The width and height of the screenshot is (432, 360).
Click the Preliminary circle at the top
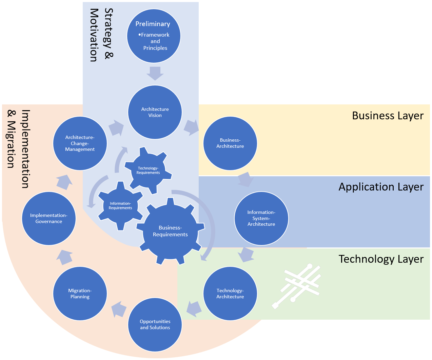[154, 36]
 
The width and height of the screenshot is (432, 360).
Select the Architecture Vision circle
[155, 112]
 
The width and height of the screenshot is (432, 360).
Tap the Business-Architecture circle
[230, 143]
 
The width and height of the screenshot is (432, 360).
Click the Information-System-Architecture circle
[261, 218]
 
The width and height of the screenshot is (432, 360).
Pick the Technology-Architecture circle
[230, 294]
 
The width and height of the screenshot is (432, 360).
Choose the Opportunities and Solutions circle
[155, 325]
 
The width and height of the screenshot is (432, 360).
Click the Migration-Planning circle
[80, 294]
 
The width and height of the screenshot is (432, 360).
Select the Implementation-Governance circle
[49, 218]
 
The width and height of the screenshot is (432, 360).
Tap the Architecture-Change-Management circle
[80, 143]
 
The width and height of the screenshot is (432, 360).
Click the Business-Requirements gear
[170, 231]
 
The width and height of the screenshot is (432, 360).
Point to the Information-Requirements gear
[120, 206]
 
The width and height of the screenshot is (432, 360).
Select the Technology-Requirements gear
[148, 171]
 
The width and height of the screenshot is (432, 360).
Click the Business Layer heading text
[388, 116]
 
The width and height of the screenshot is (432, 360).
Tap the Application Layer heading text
[381, 187]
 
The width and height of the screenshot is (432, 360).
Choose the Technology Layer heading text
[381, 259]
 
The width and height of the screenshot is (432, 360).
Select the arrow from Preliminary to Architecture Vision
[155, 73]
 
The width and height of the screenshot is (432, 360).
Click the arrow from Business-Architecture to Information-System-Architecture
[246, 180]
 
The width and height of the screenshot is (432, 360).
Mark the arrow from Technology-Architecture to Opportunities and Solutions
[194, 308]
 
